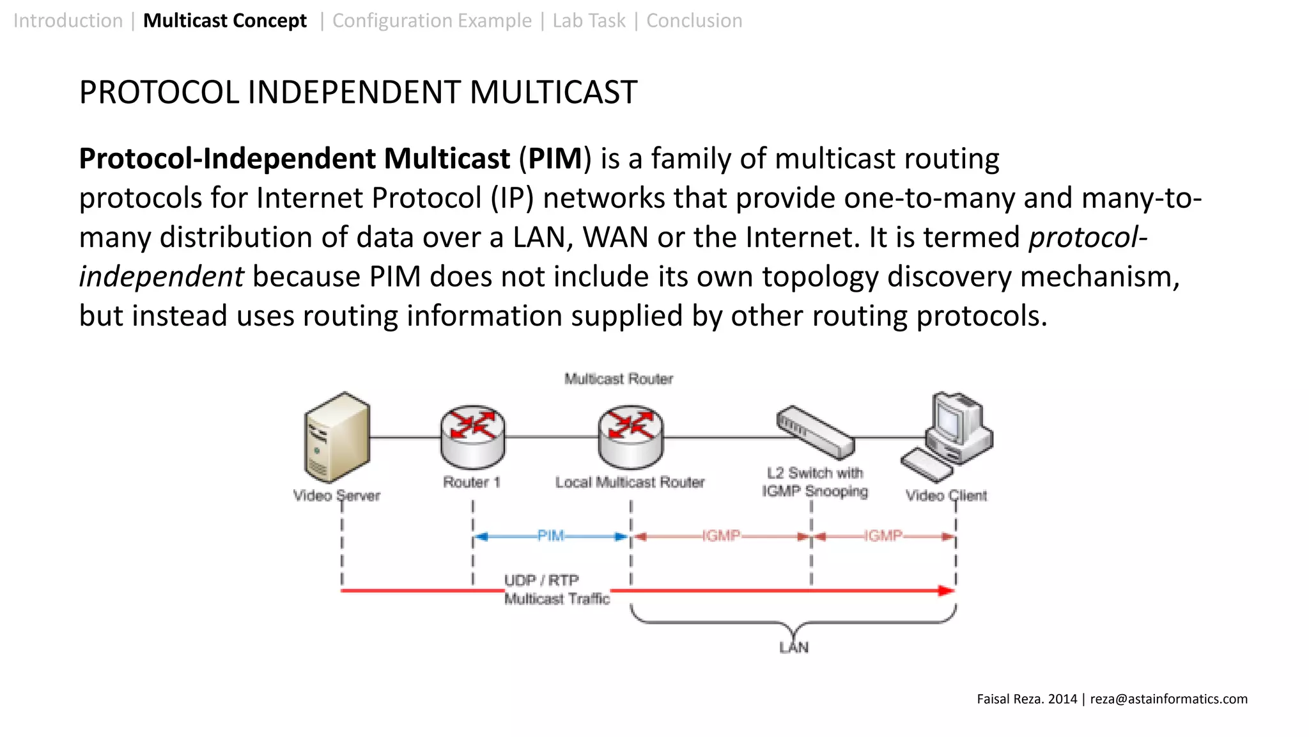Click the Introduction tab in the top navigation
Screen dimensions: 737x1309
[68, 20]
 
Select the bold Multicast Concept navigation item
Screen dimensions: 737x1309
[225, 20]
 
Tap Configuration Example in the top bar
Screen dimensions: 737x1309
[432, 20]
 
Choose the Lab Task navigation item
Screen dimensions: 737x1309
[589, 20]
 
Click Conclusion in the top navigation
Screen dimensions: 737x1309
[694, 20]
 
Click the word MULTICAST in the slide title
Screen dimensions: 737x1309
[553, 92]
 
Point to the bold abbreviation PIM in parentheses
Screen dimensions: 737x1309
[555, 159]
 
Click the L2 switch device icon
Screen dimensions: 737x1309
[815, 432]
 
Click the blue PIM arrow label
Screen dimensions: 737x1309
[550, 535]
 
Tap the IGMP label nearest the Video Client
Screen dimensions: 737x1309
[883, 535]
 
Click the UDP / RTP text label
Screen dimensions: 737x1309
[541, 580]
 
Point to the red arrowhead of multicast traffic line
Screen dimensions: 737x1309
[946, 590]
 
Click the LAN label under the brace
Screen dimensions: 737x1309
[794, 647]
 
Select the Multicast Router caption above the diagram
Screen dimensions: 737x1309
[619, 379]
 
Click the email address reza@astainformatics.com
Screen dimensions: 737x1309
[1168, 699]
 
